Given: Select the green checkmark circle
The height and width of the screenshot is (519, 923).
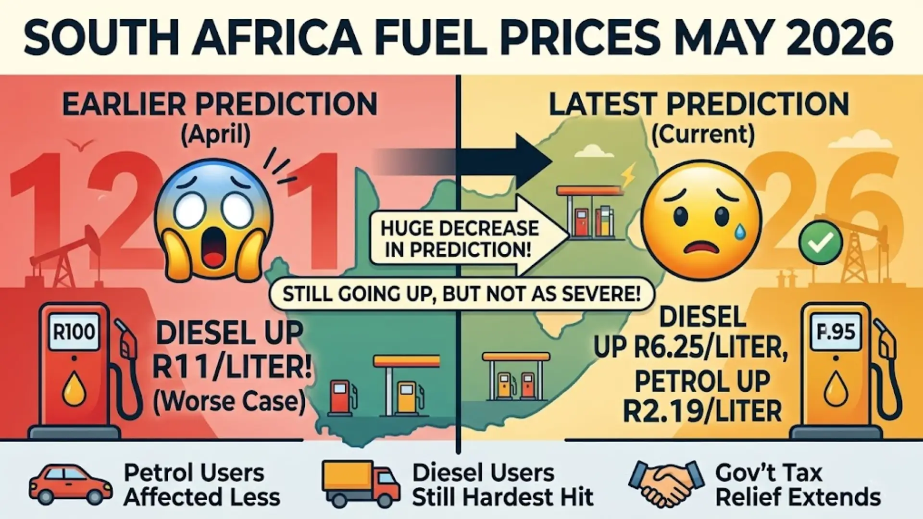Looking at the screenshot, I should coord(820,243).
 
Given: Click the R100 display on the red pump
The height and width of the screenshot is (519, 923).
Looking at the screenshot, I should coord(74,332).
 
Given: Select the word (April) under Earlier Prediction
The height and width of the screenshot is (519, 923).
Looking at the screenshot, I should coord(215,135).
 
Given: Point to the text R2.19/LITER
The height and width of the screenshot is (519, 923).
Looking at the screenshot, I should coord(702,411).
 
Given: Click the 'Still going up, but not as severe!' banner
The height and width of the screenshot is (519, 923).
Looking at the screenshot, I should coord(461,294).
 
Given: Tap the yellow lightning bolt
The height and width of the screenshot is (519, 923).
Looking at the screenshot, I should coord(628,176).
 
